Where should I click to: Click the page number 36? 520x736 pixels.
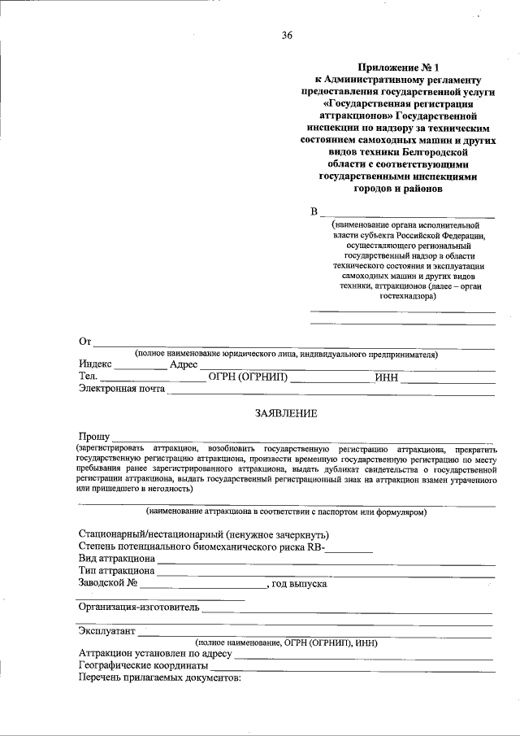287,35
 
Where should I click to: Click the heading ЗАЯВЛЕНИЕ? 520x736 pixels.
287,413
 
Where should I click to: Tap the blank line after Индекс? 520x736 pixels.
140,366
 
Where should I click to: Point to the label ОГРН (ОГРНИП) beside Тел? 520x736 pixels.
249,377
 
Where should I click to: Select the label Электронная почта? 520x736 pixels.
122,389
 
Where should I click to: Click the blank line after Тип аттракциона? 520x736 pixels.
325,573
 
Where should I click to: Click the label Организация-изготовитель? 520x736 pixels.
139,607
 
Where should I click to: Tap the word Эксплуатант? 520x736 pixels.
107,630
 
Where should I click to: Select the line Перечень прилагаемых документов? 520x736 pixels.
160,677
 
